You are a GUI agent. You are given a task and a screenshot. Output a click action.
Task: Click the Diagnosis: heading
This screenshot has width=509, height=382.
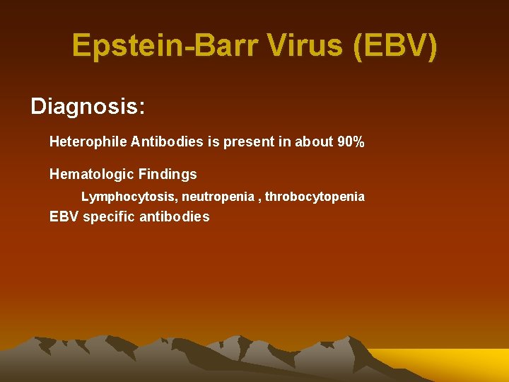pyautogui.click(x=88, y=107)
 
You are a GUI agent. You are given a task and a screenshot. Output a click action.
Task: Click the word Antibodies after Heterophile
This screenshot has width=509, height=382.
pyautogui.click(x=167, y=142)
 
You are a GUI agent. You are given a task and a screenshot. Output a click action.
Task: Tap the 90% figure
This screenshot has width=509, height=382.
pyautogui.click(x=351, y=142)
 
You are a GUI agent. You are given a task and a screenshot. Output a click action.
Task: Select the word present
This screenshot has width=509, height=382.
pyautogui.click(x=249, y=142)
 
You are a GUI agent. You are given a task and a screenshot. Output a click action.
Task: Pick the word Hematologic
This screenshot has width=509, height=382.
pyautogui.click(x=90, y=174)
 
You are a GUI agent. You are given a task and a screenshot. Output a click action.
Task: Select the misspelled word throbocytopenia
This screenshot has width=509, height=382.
pyautogui.click(x=315, y=197)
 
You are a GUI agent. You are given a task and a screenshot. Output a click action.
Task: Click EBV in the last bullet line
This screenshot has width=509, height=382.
pyautogui.click(x=64, y=217)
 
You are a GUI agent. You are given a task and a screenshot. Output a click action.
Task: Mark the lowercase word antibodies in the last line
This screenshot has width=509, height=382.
pyautogui.click(x=175, y=217)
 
